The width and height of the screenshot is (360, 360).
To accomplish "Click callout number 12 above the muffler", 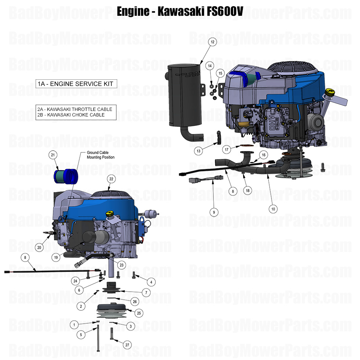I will tap(212, 42).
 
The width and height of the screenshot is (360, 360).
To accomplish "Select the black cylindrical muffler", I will tap(184, 99).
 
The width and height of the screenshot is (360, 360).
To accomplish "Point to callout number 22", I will tap(111, 179).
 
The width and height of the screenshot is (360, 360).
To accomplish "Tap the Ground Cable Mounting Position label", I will tap(100, 155).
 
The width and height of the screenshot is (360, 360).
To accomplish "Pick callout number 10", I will tap(273, 209).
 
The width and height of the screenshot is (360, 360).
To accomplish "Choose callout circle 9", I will tap(214, 212).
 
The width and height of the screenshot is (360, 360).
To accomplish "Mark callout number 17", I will tap(227, 149).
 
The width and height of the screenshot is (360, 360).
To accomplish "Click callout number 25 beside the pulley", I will tap(138, 313).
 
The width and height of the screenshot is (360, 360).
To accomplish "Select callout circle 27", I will tap(127, 345).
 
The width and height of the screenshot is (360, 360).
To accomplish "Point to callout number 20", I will tap(39, 248).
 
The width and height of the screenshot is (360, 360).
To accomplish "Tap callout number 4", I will tap(150, 282).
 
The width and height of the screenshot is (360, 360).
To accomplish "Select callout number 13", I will tap(199, 151).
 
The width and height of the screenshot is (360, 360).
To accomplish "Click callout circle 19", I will tap(56, 258).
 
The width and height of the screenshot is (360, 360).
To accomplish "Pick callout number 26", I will tap(134, 302).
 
